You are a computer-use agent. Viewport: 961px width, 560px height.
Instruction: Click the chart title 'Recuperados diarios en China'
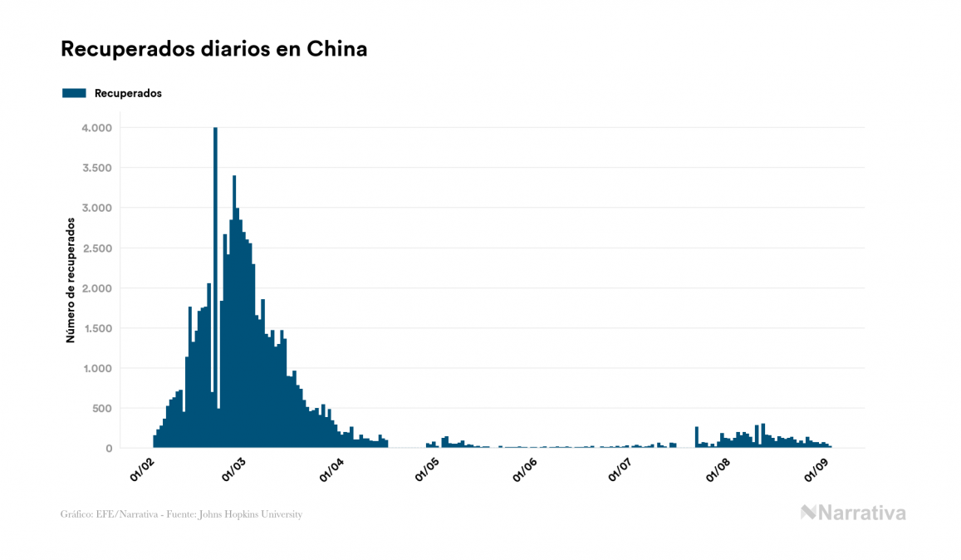click(213, 49)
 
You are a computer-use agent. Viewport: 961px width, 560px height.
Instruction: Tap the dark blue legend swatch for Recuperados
click(74, 93)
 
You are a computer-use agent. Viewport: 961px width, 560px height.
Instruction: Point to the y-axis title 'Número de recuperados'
click(71, 280)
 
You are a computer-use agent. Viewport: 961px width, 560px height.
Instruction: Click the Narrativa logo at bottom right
click(853, 513)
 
